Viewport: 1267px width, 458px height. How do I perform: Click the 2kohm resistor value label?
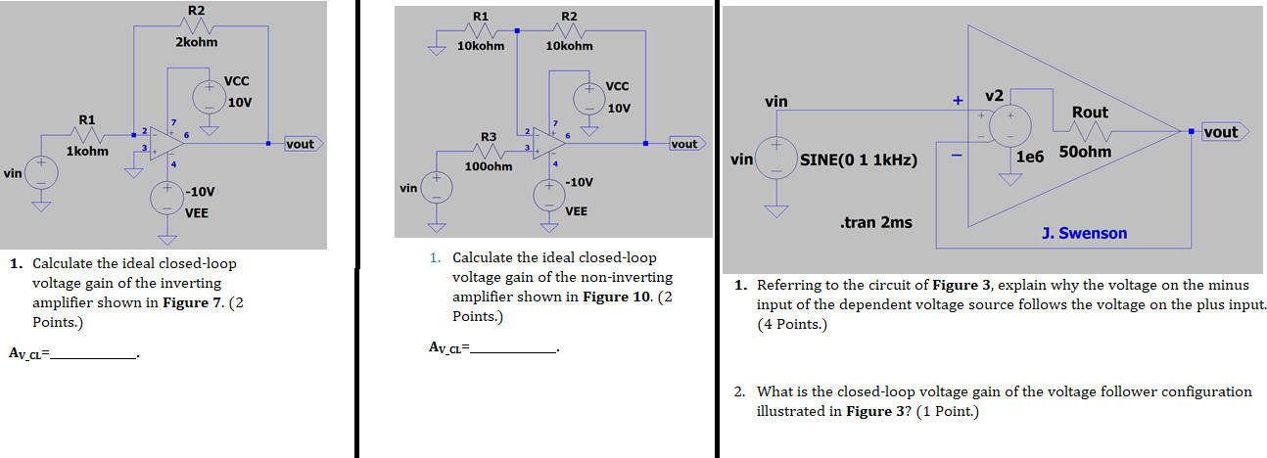pyautogui.click(x=196, y=42)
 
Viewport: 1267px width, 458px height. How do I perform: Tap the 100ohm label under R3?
pyautogui.click(x=489, y=166)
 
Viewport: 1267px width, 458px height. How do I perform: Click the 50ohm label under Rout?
pyautogui.click(x=1085, y=153)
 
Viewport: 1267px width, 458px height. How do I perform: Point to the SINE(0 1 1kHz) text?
pyautogui.click(x=859, y=160)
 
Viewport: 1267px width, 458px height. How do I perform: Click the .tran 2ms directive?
pyautogui.click(x=875, y=223)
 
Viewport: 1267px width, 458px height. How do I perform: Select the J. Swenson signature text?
pyautogui.click(x=1084, y=233)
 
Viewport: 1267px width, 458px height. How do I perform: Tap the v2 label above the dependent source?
pyautogui.click(x=994, y=95)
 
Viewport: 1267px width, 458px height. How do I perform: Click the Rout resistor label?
pyautogui.click(x=1090, y=113)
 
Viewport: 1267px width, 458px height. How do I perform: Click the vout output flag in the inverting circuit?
pyautogui.click(x=300, y=144)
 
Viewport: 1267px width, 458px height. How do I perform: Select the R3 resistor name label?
pyautogui.click(x=489, y=135)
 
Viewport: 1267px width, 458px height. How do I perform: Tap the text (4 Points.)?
pyautogui.click(x=792, y=325)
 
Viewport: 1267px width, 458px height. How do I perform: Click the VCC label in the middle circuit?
pyautogui.click(x=618, y=86)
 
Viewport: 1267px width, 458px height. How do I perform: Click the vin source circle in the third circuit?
pyautogui.click(x=775, y=158)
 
